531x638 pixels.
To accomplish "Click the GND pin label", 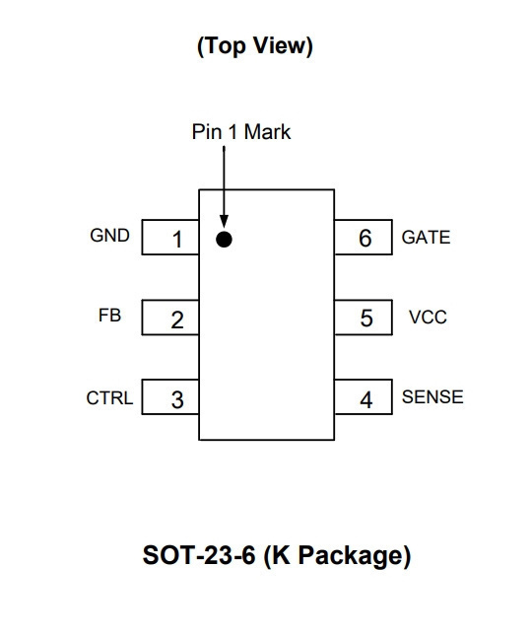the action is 109,235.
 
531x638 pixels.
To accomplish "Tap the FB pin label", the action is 109,316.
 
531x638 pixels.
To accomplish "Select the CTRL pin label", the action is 109,398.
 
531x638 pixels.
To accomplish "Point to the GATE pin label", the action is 427,238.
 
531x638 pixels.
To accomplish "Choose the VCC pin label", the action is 429,318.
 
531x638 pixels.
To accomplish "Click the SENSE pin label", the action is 432,397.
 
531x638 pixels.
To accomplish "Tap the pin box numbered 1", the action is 170,238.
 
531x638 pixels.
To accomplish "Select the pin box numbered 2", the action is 170,318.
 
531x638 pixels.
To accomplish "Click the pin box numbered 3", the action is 170,397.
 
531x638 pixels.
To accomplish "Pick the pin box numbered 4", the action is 364,397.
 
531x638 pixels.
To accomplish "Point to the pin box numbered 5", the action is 364,318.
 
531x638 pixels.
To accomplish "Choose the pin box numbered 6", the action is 364,238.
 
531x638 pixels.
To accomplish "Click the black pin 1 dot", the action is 224,240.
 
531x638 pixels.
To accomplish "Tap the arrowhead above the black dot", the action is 224,221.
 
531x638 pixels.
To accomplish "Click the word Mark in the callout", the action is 267,132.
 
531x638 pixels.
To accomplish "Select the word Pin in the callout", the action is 207,132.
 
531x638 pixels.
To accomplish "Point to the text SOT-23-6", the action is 199,554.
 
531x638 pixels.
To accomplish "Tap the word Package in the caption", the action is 354,555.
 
